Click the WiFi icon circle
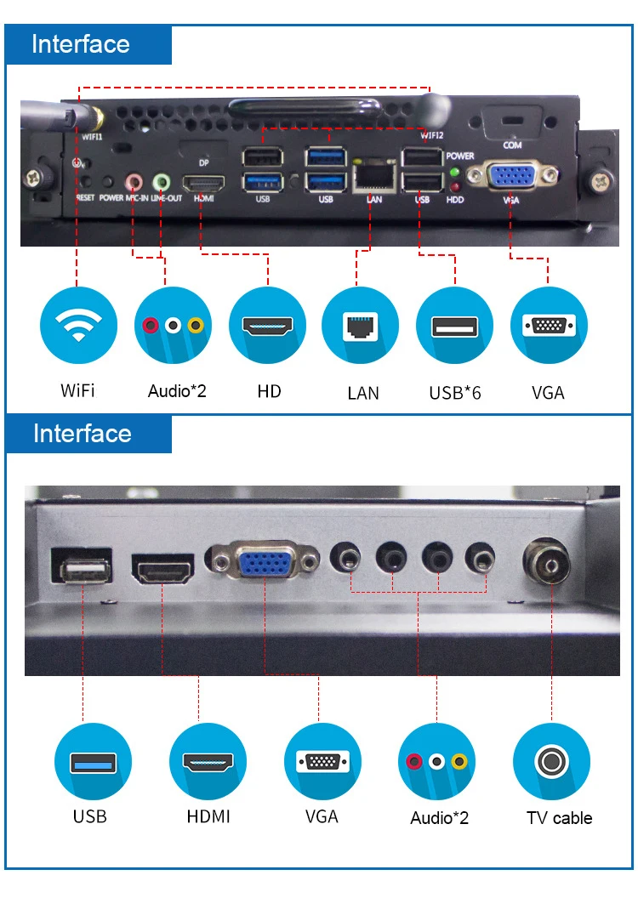[x=78, y=325]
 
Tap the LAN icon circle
[x=361, y=325]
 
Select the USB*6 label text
[x=455, y=392]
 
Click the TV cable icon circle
[x=551, y=760]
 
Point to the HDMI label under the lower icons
[x=208, y=816]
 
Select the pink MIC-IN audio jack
[x=134, y=181]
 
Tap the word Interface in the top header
[x=81, y=44]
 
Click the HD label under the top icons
[x=269, y=391]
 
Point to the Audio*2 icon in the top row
[x=173, y=325]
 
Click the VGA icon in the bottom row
[x=322, y=760]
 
